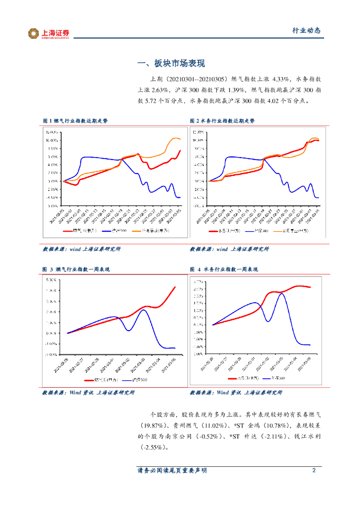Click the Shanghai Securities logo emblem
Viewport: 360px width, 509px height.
tap(34, 33)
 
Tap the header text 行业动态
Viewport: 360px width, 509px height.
tap(306, 30)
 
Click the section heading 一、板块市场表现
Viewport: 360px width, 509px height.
tap(171, 64)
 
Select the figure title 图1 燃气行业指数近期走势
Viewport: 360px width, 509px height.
tap(75, 121)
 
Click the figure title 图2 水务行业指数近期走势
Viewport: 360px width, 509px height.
tap(222, 121)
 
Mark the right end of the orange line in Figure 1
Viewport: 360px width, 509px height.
tap(180, 140)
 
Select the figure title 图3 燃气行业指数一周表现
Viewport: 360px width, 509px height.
tap(76, 269)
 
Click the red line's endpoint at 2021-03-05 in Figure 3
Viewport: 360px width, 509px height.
tap(175, 287)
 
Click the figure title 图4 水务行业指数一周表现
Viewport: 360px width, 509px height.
tap(224, 269)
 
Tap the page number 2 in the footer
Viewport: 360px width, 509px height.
tap(314, 470)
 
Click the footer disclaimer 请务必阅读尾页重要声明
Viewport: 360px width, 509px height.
tap(172, 470)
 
